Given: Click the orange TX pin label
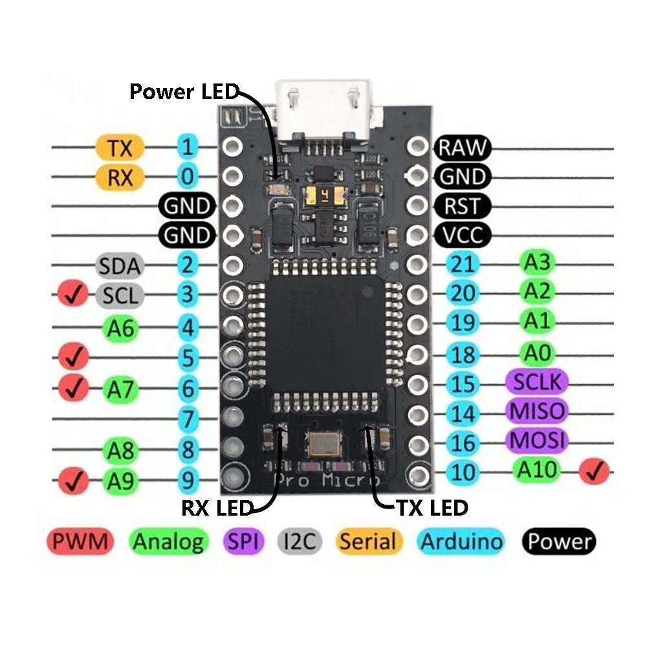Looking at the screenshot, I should point(120,148).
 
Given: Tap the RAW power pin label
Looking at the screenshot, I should point(463,148).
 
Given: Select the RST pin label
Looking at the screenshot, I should point(463,206).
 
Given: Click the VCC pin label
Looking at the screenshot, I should point(463,235).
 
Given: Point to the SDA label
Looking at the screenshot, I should point(119,265).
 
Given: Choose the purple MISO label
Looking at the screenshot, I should point(536,411).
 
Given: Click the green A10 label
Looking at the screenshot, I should point(536,470).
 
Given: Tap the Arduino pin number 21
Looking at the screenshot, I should point(463,264).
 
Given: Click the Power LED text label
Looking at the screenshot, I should point(184,91).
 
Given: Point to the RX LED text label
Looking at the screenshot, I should point(215,509).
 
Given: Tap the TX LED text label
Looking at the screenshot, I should point(432,508).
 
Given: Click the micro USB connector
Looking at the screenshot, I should point(323,107).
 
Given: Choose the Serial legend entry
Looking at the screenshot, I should point(368,541).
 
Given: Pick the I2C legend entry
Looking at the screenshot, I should point(300,541).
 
